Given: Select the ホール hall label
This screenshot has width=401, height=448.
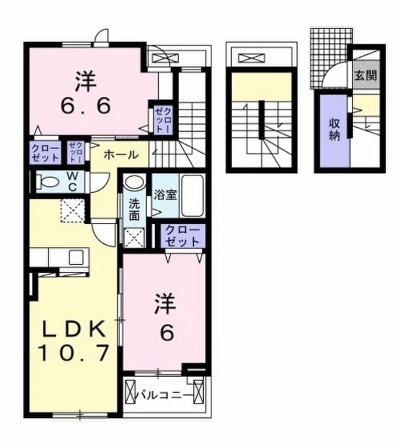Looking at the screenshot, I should click(x=121, y=154).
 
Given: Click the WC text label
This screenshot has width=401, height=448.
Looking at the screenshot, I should click(x=72, y=181).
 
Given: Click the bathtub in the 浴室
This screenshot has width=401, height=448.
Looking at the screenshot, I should click(x=192, y=196).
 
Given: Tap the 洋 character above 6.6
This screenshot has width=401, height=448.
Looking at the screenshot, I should click(x=86, y=81).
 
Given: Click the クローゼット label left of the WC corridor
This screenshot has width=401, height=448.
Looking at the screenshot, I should click(x=45, y=154).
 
